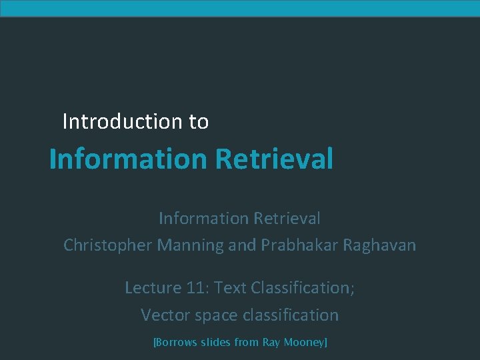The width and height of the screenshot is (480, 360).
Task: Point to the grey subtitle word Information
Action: coord(203,218)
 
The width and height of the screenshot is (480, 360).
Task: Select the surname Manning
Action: coord(191,245)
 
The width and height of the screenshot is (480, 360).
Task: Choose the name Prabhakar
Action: coord(299,245)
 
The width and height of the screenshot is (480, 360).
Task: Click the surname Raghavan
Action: coord(379,245)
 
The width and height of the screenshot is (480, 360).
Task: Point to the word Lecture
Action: coord(153,288)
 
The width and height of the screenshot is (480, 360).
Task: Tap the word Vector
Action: coord(161,315)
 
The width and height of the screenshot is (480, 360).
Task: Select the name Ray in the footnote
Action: coord(271,343)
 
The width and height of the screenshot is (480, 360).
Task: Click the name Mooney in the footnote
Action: coord(305,343)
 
